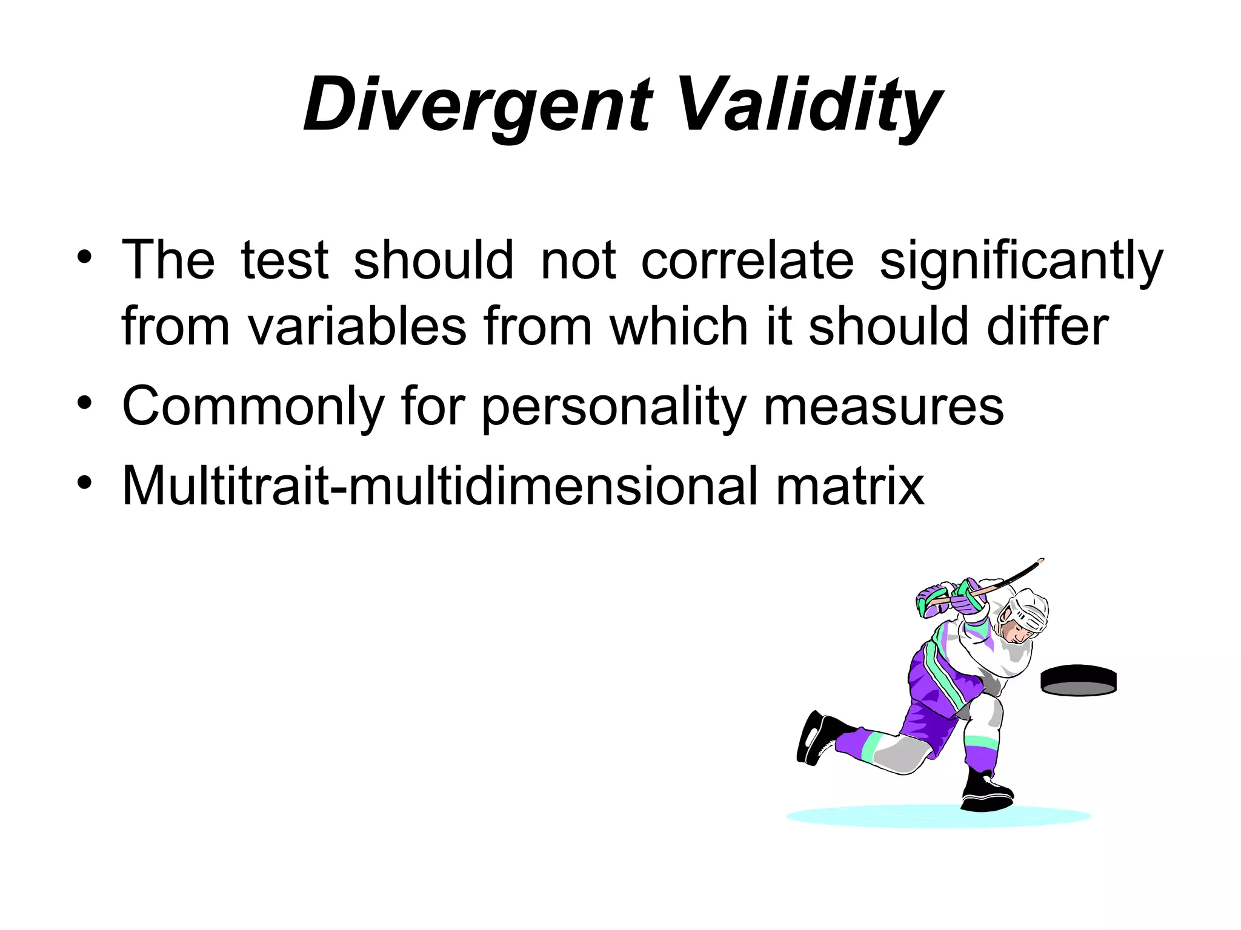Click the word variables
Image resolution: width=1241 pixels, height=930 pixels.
click(357, 327)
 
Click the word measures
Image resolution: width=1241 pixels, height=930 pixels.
click(883, 407)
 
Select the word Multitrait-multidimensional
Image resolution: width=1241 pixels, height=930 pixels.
click(439, 486)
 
